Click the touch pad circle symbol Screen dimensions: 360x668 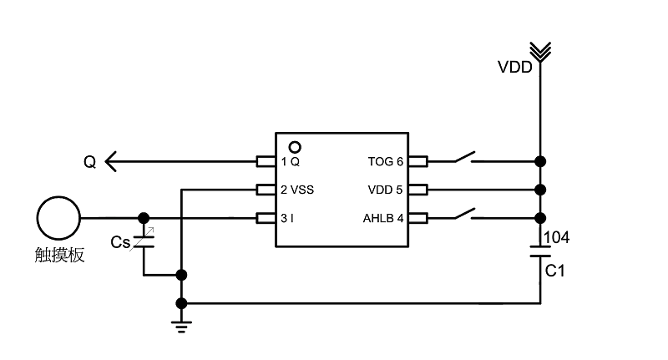(x=58, y=218)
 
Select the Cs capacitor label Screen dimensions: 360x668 (x=120, y=243)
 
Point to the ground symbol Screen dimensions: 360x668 (x=182, y=325)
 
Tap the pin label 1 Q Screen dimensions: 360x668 (x=290, y=161)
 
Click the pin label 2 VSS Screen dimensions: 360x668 (x=297, y=190)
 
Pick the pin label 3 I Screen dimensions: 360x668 (x=287, y=219)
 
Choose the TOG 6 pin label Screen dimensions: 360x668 (x=386, y=161)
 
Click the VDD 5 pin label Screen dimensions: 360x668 (x=386, y=190)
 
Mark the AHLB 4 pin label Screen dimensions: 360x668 (x=383, y=219)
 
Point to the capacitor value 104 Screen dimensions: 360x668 (x=557, y=238)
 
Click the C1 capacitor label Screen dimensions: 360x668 (x=556, y=271)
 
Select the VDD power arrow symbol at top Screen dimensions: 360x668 (x=541, y=52)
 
